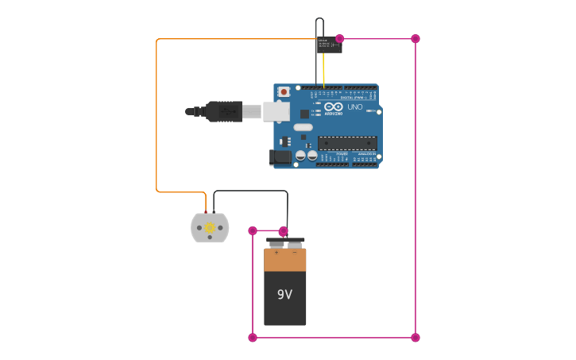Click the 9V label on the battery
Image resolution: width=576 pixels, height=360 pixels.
coord(284,295)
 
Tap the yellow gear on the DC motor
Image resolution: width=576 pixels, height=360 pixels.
coord(210,228)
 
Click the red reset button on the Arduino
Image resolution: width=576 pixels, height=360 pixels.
coord(284,92)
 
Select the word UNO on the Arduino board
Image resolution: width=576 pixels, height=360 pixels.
coord(355,107)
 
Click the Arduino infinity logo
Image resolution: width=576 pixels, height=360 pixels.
coord(334,107)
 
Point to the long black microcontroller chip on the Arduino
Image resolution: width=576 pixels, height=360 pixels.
coord(347,143)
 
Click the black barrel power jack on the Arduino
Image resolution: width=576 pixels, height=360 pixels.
coord(280,157)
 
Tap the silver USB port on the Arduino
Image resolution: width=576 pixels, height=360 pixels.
coord(276,112)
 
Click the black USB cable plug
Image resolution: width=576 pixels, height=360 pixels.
coord(223,111)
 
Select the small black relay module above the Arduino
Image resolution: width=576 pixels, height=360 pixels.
coord(329,45)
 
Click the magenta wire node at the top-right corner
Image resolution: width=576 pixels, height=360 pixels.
coord(416,39)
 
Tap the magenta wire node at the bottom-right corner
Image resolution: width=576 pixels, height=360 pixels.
coord(416,338)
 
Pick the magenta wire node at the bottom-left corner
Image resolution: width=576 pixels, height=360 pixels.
coord(253,338)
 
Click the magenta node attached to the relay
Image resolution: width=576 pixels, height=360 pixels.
coord(340,39)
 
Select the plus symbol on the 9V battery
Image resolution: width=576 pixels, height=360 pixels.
coord(276,253)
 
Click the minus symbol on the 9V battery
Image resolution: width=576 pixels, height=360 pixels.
coord(295,253)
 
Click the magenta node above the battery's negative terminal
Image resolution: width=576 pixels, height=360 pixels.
coord(284,230)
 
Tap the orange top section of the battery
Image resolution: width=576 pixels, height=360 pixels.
coord(284,260)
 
